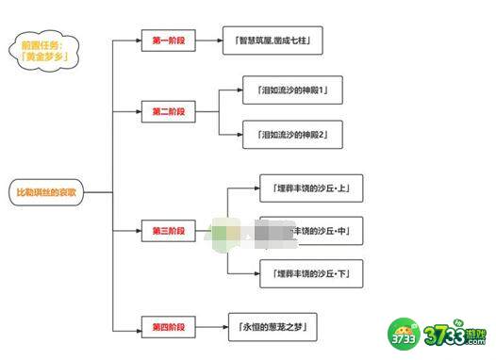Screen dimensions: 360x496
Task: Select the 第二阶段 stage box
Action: coord(169,111)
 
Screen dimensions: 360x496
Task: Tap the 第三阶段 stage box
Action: coord(169,230)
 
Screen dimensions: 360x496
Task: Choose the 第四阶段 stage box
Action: coord(169,327)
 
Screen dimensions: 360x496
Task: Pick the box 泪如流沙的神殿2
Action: coord(292,135)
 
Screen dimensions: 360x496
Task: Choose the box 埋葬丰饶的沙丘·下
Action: coord(310,273)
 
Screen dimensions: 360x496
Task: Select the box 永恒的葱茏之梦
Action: coord(273,327)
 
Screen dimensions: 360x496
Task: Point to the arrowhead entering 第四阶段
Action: coord(138,327)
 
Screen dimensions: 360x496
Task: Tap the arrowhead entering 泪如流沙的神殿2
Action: coord(239,135)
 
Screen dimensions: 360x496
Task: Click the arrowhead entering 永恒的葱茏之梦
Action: coord(224,327)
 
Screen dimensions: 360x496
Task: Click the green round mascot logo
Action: coord(405,331)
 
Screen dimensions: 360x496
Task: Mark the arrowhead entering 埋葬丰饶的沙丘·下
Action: coord(256,273)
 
